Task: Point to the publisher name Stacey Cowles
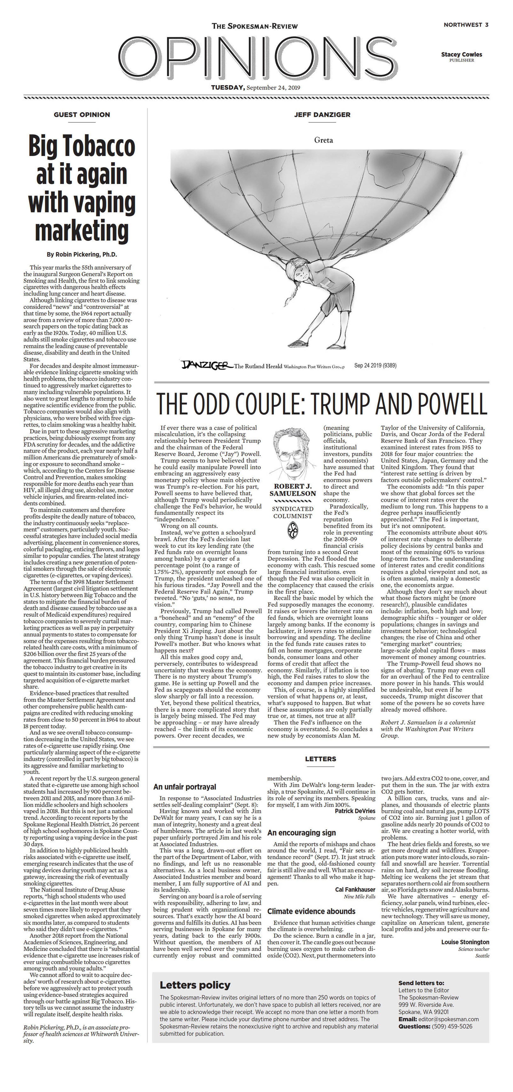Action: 461,54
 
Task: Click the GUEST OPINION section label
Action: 82,114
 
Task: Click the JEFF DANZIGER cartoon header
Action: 322,114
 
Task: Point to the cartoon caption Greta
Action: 323,140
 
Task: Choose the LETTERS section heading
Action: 320,759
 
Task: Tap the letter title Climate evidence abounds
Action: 311,911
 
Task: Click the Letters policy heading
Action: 195,985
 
